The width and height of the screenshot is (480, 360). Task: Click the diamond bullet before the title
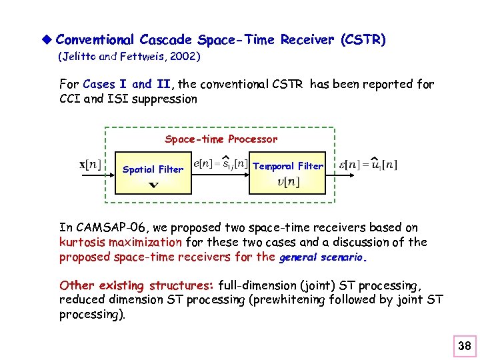tap(47, 40)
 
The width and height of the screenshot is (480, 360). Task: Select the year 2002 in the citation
tap(182, 57)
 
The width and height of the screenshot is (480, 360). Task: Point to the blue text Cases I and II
tap(127, 85)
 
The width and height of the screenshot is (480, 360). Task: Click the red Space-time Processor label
tap(221, 139)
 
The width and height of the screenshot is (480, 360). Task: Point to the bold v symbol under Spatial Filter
tap(153, 184)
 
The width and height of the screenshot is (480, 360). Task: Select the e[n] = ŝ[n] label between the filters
tap(220, 163)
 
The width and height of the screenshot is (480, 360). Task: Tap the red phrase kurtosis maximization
tap(120, 243)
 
